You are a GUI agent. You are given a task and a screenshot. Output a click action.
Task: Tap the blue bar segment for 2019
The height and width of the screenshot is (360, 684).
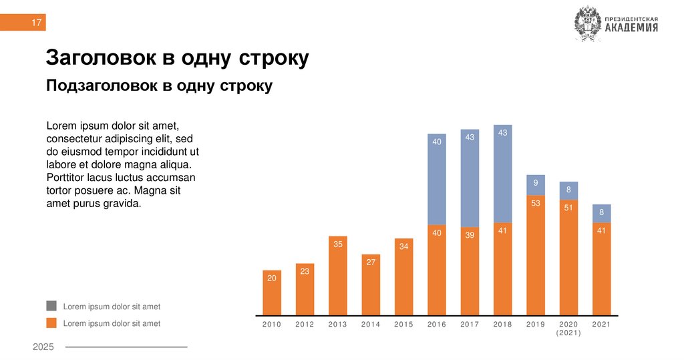(x=536, y=185)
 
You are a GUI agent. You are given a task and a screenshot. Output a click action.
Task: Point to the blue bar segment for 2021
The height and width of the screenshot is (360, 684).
(x=602, y=213)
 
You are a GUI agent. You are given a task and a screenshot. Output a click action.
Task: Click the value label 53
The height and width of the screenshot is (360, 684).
(x=536, y=203)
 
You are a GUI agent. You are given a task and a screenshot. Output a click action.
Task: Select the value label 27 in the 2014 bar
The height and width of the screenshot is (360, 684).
(x=371, y=262)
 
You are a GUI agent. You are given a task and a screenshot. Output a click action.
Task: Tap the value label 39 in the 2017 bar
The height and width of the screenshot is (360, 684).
(x=470, y=235)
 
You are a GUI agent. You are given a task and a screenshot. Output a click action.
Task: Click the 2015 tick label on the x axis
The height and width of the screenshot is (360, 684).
(x=403, y=325)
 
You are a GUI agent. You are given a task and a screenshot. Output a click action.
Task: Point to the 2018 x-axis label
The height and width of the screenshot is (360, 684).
(x=502, y=325)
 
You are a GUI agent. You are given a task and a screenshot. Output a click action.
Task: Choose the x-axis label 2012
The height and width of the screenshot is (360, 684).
(x=305, y=325)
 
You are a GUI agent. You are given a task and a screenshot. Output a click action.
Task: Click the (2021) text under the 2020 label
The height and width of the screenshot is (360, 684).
(x=568, y=333)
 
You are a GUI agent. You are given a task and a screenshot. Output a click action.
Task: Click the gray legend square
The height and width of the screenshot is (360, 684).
(x=51, y=306)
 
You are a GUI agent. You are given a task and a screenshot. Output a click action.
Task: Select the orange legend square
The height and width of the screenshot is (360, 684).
(x=51, y=323)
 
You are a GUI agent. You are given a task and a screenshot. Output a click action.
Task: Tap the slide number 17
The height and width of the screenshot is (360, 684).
(x=37, y=23)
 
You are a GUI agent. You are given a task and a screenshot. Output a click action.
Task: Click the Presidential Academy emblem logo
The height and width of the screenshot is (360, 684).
(x=588, y=25)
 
